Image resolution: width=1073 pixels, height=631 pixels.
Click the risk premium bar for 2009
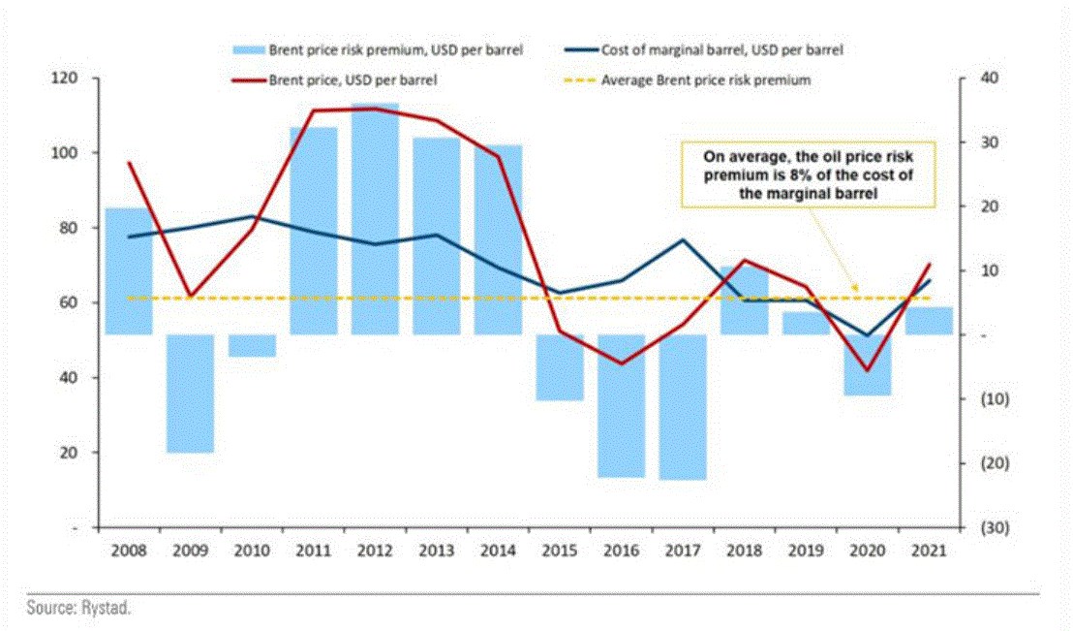click(x=191, y=394)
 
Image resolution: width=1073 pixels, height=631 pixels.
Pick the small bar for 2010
click(x=252, y=345)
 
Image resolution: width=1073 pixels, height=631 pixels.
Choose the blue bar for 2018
click(x=744, y=300)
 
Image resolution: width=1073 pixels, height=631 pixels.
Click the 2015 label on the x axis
click(x=560, y=551)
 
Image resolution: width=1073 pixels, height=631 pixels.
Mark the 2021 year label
click(x=929, y=551)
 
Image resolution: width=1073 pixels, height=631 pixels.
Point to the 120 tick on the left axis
click(x=65, y=78)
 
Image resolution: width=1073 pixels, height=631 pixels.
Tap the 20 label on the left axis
click(x=69, y=453)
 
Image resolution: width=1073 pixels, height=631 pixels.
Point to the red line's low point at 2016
click(x=621, y=363)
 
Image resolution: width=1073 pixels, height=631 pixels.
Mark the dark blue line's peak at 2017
click(x=683, y=240)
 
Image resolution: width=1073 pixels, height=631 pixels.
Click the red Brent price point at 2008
click(x=129, y=163)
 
